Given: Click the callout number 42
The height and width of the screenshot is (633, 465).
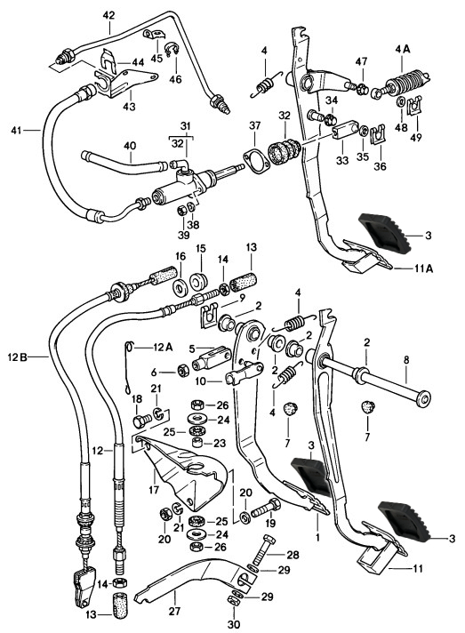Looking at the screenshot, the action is (x=109, y=15).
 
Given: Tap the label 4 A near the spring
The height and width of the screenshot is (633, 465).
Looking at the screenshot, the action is (x=402, y=49).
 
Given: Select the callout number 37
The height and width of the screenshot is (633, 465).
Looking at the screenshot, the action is (x=254, y=126).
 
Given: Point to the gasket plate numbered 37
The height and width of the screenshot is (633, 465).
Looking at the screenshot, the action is (x=255, y=162).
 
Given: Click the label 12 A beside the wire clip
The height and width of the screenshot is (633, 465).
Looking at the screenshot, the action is (x=163, y=347).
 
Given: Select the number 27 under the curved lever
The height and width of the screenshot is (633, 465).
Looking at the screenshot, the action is (x=175, y=611).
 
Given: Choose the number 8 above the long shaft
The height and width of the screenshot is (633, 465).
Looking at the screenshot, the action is (x=405, y=360).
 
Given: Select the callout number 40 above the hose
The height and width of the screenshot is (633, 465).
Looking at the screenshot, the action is (x=130, y=146).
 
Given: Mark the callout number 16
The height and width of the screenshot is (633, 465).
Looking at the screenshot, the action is (x=180, y=256).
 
